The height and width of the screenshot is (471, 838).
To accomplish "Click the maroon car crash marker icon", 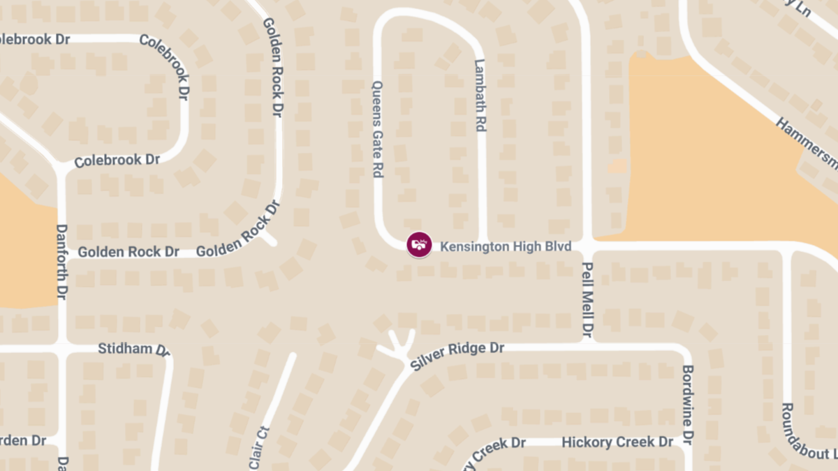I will [x=419, y=245].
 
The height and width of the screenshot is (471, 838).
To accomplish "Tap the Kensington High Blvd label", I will [x=506, y=246].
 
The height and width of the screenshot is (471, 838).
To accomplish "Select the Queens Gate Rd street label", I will [x=378, y=129].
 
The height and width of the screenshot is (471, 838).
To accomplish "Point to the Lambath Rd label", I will [x=480, y=96].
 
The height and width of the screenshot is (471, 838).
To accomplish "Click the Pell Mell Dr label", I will [x=587, y=300].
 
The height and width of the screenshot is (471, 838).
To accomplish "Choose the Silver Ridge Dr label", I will [x=457, y=355].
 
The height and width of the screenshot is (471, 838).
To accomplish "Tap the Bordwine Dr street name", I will [x=688, y=405].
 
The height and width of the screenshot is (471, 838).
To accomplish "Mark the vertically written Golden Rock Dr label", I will [x=272, y=67].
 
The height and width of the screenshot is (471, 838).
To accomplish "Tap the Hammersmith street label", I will [x=807, y=143].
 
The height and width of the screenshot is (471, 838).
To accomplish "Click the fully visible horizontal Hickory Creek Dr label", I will [x=617, y=442].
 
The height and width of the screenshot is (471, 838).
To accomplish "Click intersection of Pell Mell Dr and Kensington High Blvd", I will [x=587, y=246].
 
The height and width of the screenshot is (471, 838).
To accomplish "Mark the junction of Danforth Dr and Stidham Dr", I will [x=61, y=347].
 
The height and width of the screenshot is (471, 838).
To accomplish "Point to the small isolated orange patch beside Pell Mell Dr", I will [x=617, y=166].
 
